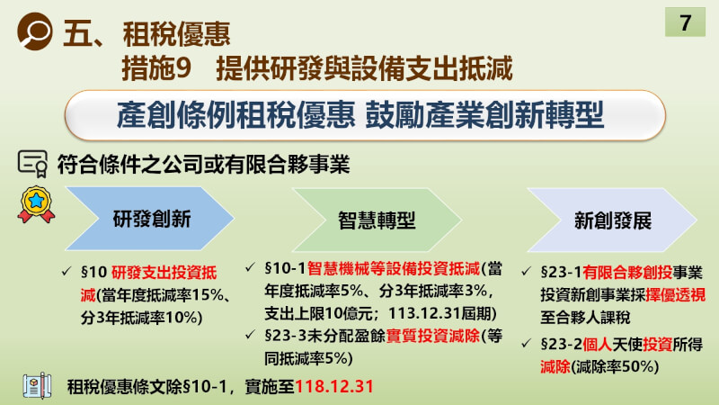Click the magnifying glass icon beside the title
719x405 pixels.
(x=35, y=31)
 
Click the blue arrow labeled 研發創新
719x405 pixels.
(x=150, y=219)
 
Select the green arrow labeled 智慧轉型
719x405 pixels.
(x=377, y=220)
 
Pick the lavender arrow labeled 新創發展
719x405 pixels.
(x=612, y=220)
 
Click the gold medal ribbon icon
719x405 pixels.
(x=36, y=204)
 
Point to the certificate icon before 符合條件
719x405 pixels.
(x=32, y=164)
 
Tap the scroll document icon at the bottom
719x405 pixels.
(x=37, y=385)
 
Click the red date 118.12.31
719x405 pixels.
(x=334, y=387)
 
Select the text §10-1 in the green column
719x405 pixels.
(x=285, y=268)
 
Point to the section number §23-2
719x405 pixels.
(x=561, y=344)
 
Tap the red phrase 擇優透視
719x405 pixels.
(x=676, y=295)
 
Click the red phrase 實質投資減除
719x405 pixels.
(x=433, y=336)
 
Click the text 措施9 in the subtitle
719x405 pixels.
(x=156, y=68)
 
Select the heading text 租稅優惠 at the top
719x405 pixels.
(x=176, y=34)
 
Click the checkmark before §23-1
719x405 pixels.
(x=526, y=272)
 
